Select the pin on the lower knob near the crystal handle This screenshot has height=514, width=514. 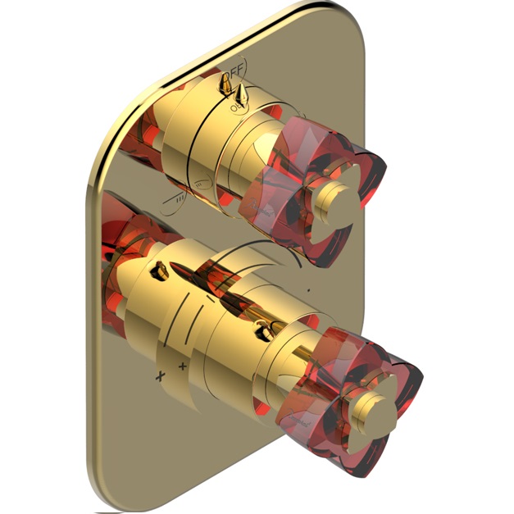pyautogui.click(x=264, y=330)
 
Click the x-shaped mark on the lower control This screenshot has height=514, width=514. pyautogui.click(x=160, y=375)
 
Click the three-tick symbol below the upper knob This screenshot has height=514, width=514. pyautogui.click(x=180, y=199)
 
